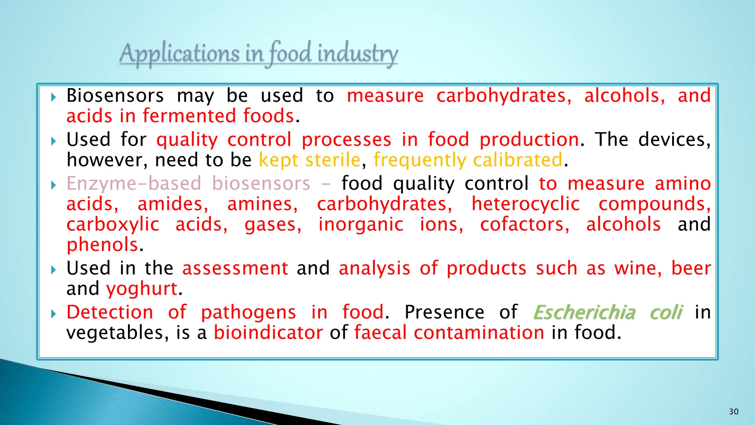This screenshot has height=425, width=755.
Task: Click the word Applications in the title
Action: click(179, 54)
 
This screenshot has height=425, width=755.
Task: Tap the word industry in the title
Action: click(358, 54)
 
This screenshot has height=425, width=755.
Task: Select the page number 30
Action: click(734, 412)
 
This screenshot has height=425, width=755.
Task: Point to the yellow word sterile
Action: click(333, 160)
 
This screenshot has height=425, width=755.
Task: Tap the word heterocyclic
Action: click(526, 204)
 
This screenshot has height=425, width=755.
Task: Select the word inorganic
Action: click(361, 224)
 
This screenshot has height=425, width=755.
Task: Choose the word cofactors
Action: click(525, 224)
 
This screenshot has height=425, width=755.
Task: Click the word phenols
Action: click(102, 245)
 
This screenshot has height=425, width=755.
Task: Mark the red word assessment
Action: click(235, 268)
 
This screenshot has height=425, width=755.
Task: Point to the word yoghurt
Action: click(142, 288)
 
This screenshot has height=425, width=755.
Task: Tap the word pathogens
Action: click(248, 312)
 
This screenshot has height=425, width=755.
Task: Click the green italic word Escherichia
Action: click(584, 312)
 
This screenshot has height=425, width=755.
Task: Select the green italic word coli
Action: click(666, 312)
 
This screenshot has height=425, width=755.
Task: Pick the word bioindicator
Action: click(268, 332)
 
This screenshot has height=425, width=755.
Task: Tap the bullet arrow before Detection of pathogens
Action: click(54, 314)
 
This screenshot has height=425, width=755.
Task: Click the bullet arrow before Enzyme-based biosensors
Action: click(54, 185)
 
